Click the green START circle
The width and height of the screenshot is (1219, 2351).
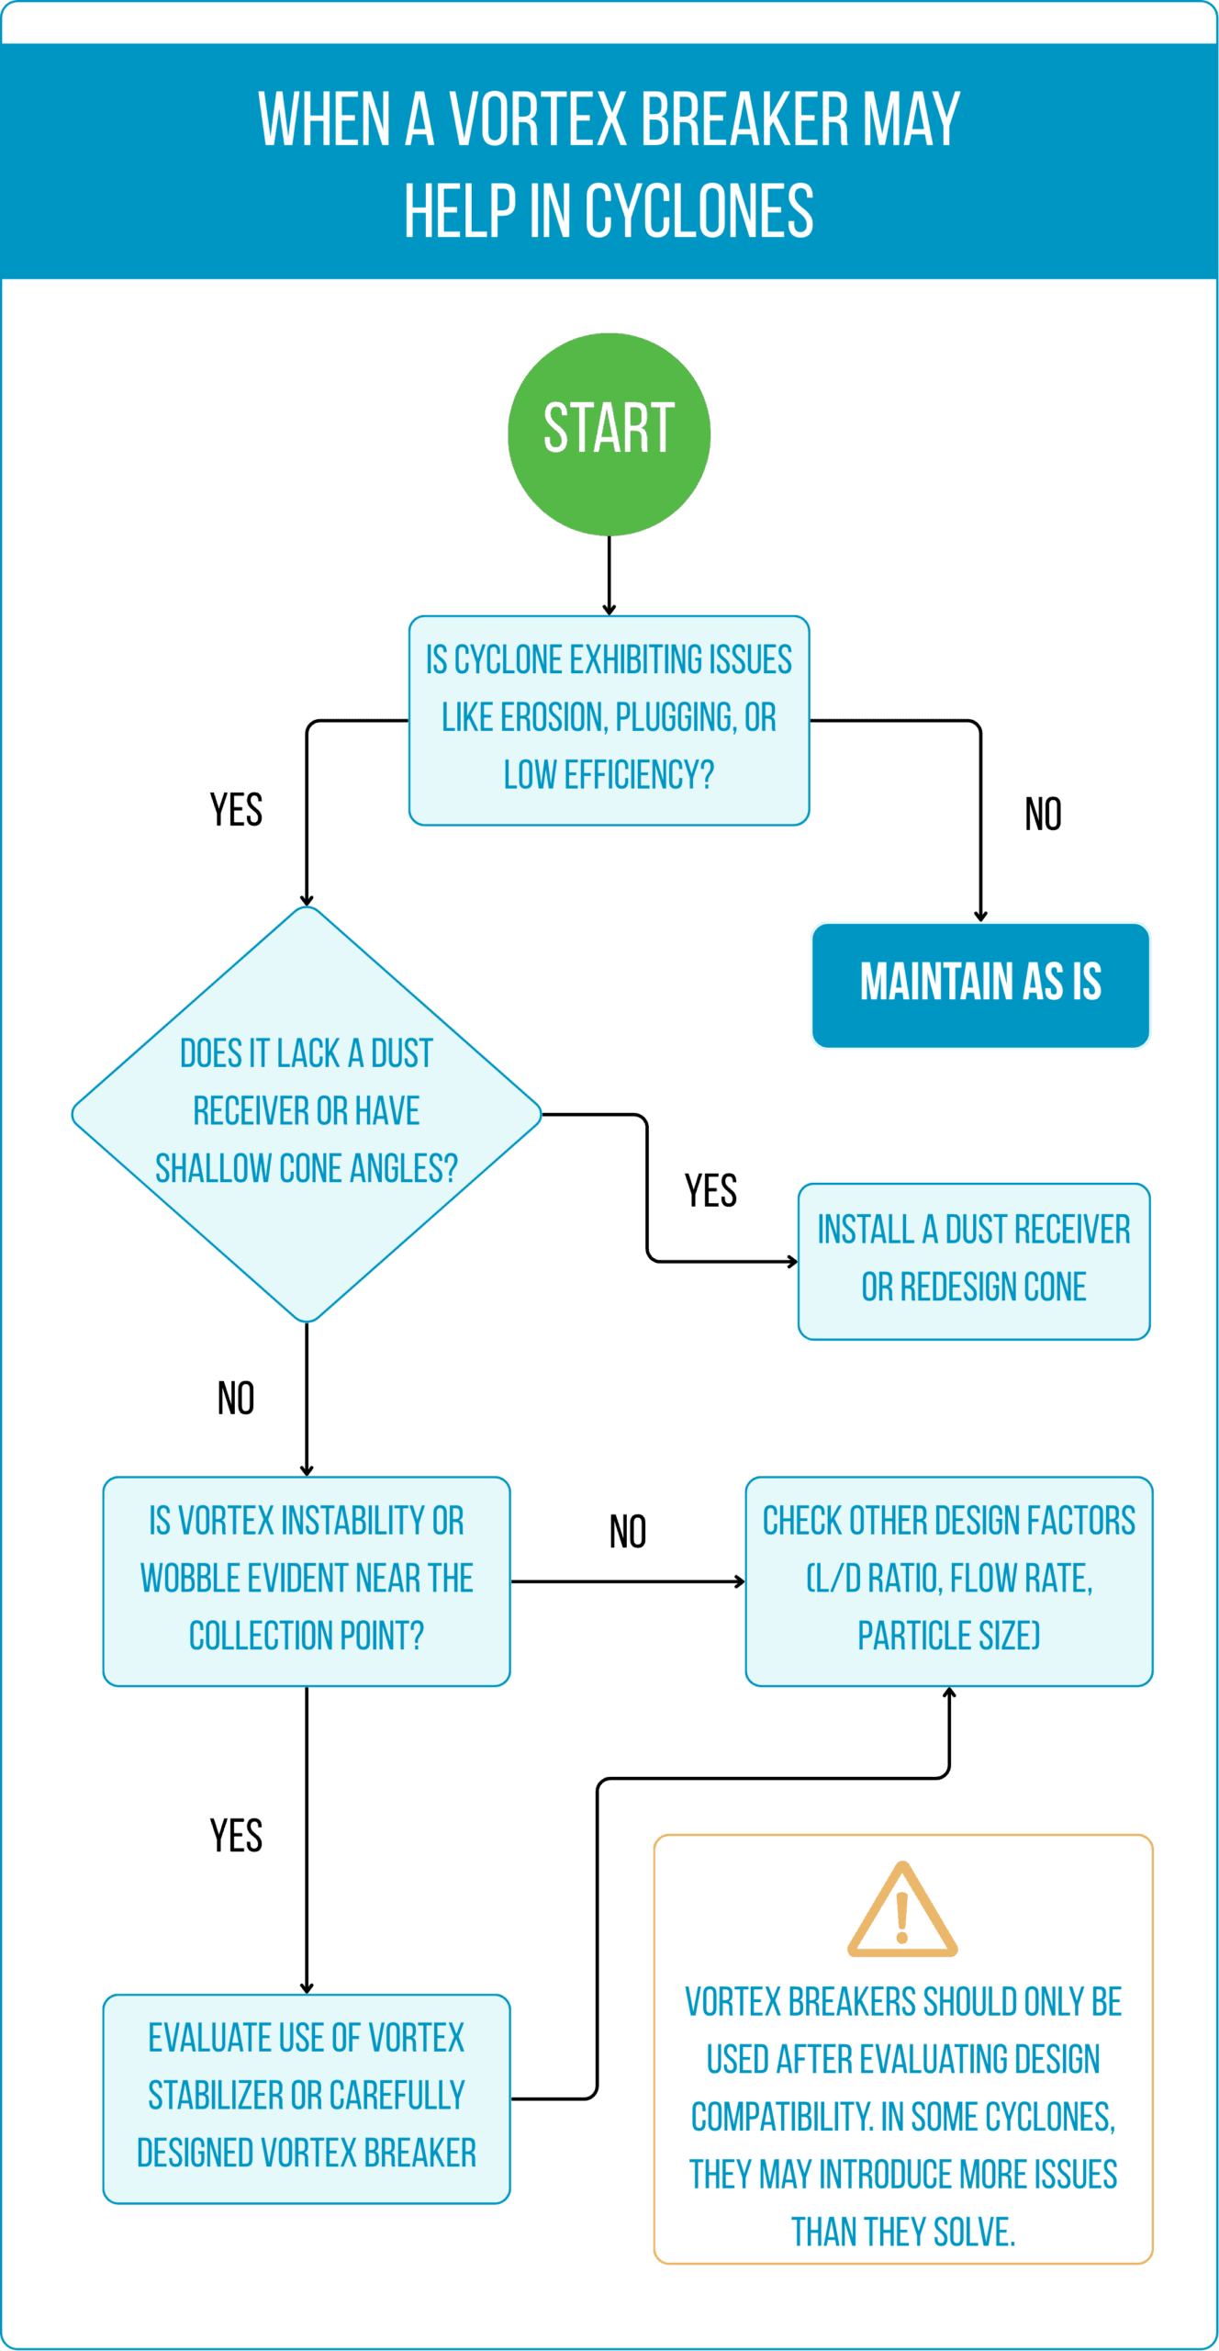tap(609, 433)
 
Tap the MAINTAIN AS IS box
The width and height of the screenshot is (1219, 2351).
tap(980, 984)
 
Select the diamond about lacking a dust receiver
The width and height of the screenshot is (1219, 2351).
tap(307, 1114)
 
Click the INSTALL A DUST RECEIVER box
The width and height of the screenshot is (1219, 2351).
tap(974, 1261)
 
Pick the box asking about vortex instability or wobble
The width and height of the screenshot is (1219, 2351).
tap(307, 1581)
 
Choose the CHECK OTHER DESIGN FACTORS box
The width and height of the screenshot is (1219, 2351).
tap(949, 1581)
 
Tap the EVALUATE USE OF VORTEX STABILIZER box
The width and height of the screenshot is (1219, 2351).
tap(307, 2098)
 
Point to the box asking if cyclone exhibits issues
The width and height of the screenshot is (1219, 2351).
tap(609, 720)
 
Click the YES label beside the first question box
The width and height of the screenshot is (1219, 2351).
tap(236, 810)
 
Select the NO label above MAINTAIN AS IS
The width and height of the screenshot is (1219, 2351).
tap(1043, 814)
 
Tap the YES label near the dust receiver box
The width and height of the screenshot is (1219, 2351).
tap(710, 1190)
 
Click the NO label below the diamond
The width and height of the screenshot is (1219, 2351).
tap(236, 1398)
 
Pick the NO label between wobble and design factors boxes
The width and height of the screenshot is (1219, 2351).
tap(628, 1531)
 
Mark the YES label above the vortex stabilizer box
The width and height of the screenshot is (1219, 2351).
tap(236, 1835)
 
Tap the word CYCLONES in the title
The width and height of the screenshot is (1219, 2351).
tap(699, 210)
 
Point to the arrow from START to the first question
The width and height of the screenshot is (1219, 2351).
tap(609, 576)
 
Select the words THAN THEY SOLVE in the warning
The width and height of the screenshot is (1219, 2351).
tap(903, 2231)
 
